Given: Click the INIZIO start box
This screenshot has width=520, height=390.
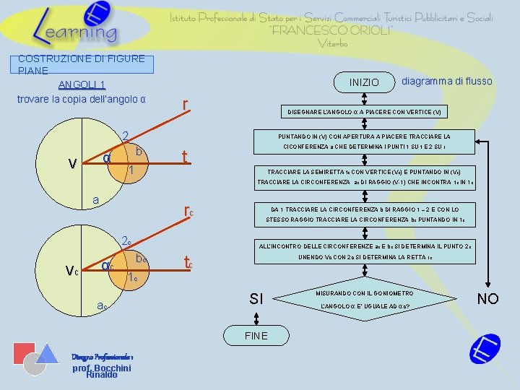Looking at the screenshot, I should point(363,82).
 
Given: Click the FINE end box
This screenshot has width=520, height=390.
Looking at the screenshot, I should point(256,335).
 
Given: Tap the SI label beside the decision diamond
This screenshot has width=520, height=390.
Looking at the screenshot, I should point(256,298).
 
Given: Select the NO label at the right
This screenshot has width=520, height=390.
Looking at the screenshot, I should point(487,298).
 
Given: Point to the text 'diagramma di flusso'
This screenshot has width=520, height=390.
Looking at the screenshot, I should point(446,81).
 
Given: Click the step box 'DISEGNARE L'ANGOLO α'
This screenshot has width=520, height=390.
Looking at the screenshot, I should point(364,112).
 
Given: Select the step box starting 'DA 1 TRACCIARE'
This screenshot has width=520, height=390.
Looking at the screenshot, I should point(364,213).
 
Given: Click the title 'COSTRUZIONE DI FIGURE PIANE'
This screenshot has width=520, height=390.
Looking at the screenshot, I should point(82,64).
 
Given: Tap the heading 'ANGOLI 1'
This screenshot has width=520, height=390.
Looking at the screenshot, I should point(82,85).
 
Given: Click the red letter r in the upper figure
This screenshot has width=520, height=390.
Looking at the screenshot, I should point(186,106).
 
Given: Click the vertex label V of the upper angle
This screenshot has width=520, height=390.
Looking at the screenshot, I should point(72,164).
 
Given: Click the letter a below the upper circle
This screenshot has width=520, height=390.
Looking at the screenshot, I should point(95,199).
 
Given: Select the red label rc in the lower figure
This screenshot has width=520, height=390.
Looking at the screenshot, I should point(188,211).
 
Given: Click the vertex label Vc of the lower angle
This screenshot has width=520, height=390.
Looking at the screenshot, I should point(72,271).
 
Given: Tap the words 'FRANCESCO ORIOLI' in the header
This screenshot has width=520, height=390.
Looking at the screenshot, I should point(330,30).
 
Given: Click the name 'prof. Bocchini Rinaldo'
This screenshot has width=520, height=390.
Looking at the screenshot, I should point(101,370).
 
